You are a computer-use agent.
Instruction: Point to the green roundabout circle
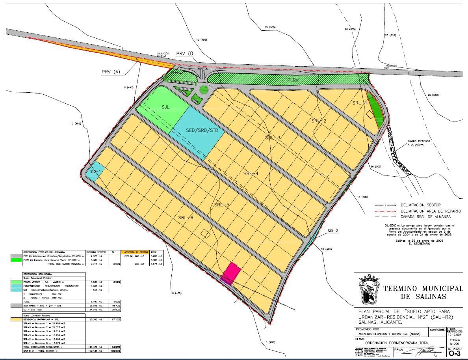click(x=204, y=90)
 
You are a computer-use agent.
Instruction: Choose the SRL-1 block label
click(x=360, y=103)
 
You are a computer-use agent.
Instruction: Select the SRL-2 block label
click(x=319, y=121)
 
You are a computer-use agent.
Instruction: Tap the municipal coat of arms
click(x=369, y=288)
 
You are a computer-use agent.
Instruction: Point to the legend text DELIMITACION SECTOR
click(x=420, y=205)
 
